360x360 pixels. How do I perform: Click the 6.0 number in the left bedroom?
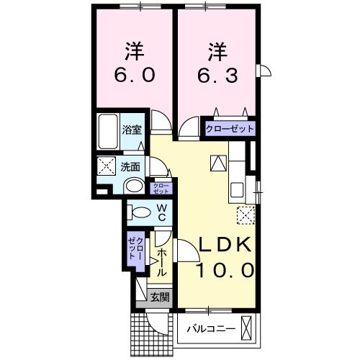(133, 74)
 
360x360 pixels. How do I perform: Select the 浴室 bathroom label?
(131, 130)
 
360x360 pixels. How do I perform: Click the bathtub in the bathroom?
(109, 131)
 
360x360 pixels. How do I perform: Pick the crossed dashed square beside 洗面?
(106, 165)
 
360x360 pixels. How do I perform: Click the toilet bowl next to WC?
(138, 213)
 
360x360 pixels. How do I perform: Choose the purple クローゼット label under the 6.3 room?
(230, 129)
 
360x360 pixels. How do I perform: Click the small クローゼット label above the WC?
(161, 189)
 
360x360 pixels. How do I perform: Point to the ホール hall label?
(161, 262)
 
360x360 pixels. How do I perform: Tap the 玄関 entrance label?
(159, 297)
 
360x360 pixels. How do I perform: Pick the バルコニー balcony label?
(207, 329)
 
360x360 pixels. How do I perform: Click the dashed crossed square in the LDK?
(245, 215)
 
